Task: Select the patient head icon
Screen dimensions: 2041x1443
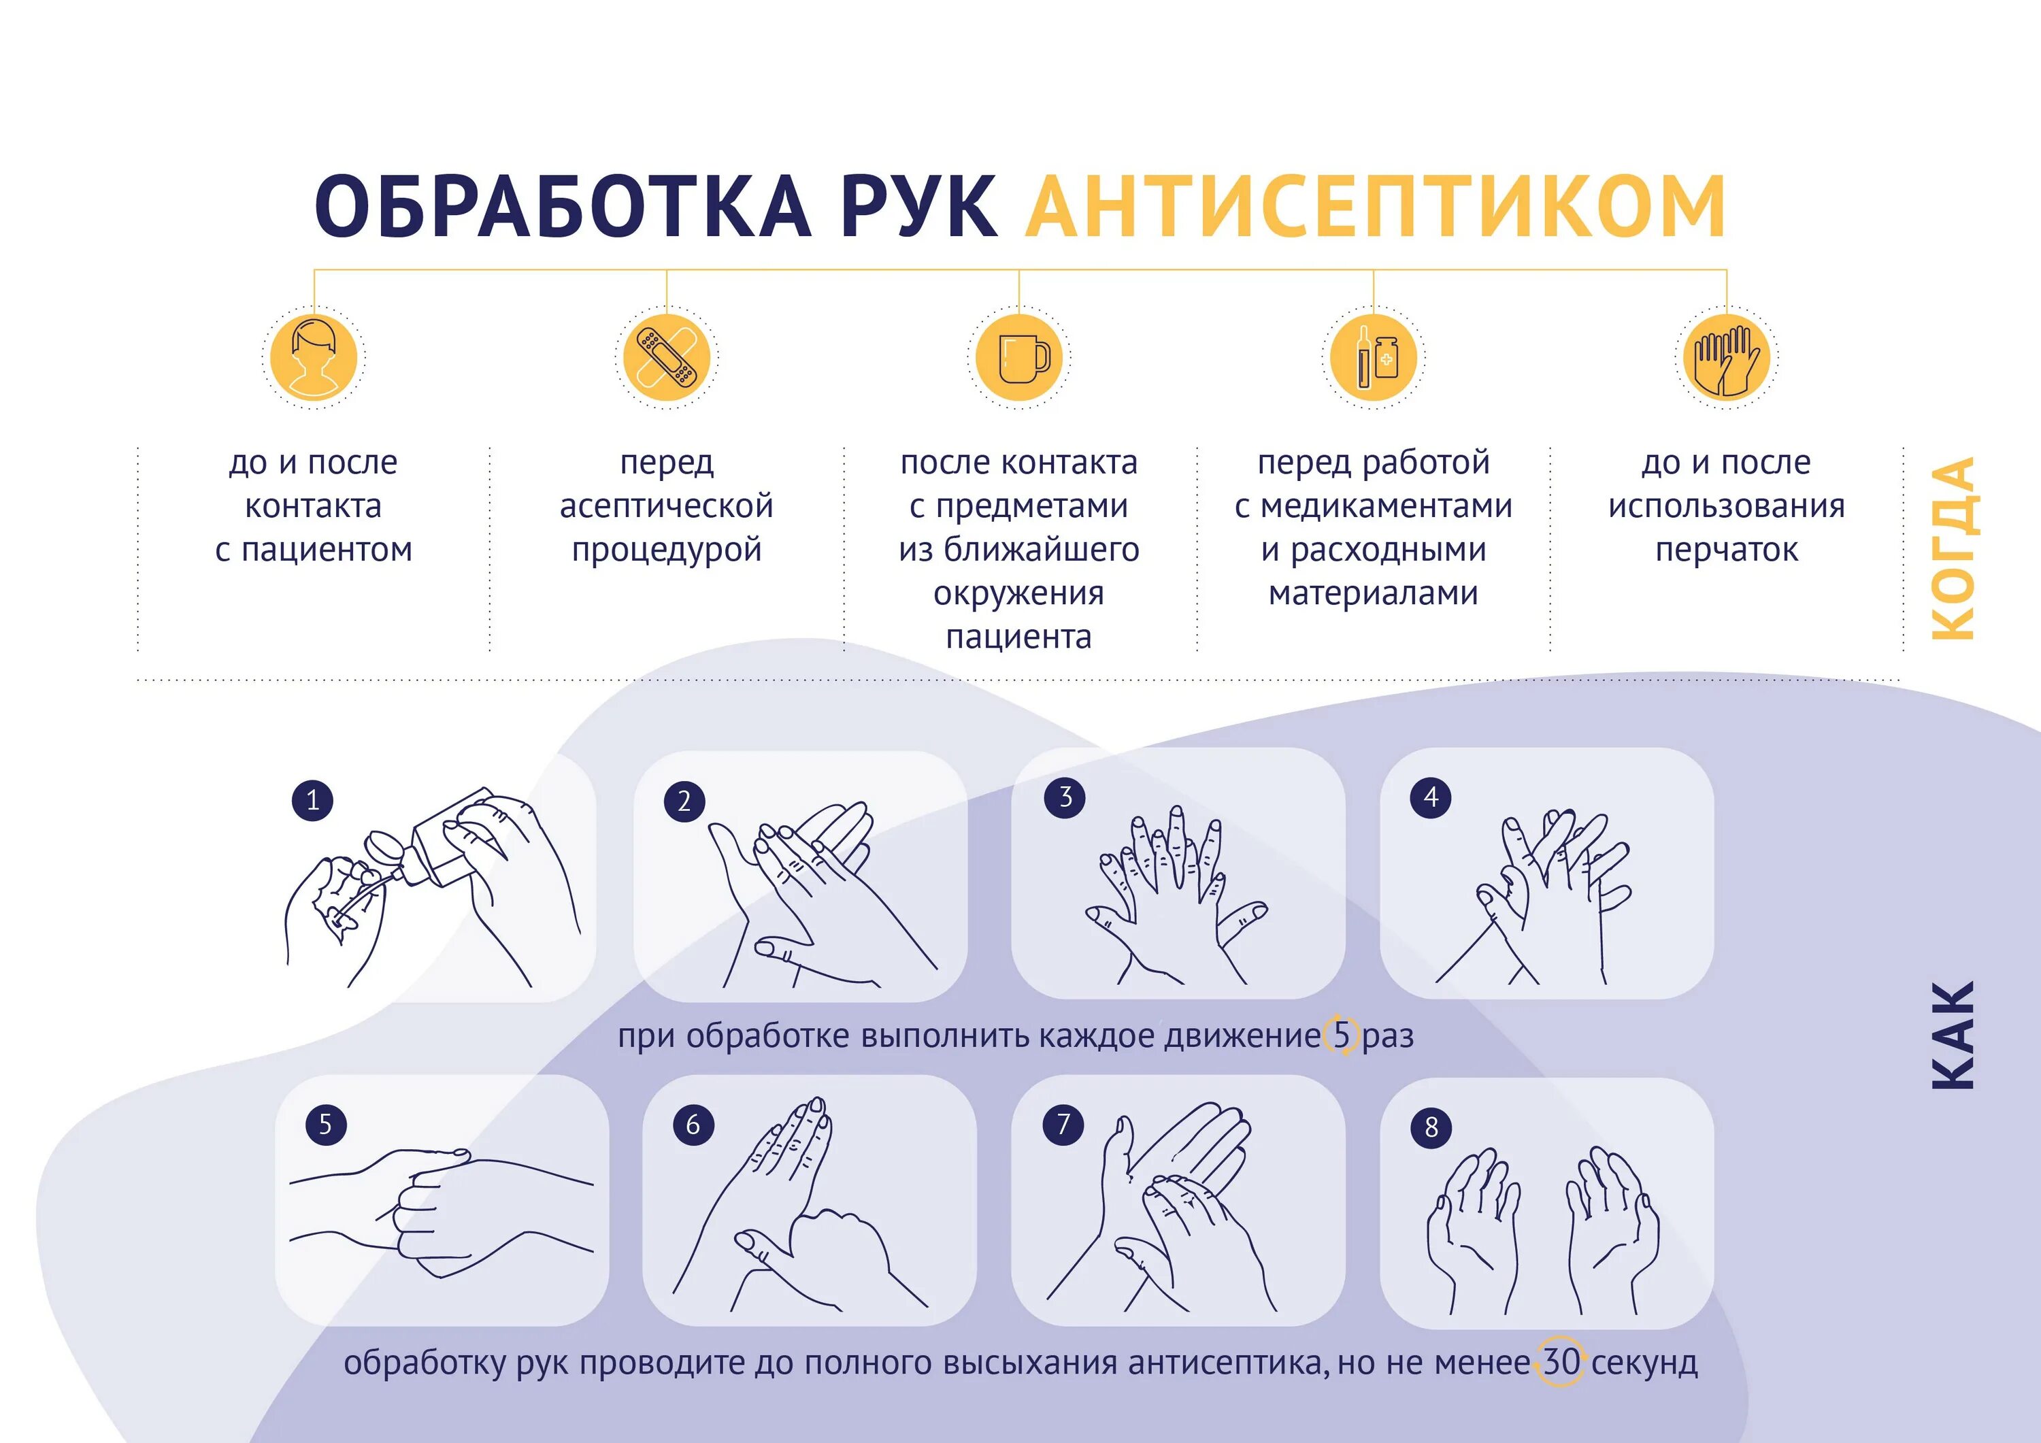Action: pos(314,357)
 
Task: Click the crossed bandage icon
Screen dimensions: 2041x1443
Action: pos(667,357)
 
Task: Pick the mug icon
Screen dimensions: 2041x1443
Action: pos(1020,357)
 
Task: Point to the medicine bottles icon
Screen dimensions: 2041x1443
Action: pos(1374,357)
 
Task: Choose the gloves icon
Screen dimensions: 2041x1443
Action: pos(1726,357)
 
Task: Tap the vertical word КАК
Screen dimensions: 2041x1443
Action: pos(1953,1035)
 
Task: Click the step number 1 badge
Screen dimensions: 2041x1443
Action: pos(313,800)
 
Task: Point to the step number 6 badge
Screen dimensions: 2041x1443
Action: pos(693,1125)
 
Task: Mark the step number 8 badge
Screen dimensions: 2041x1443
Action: pos(1431,1127)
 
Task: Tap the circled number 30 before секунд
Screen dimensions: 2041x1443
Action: pos(1561,1362)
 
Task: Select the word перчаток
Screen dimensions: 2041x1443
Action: pos(1726,550)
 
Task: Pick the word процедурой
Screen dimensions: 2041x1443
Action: pos(667,550)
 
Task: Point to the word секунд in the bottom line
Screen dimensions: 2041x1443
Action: pos(1644,1362)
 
